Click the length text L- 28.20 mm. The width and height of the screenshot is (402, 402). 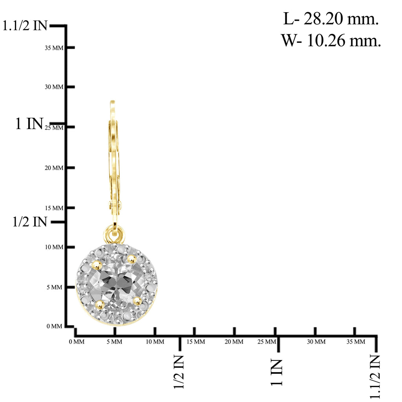coord(331,19)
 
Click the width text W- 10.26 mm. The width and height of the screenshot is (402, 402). coord(331,40)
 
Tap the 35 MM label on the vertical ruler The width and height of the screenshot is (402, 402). coord(54,48)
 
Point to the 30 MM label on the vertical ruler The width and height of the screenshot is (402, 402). coord(54,87)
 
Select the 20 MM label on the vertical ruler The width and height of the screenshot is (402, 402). coord(54,168)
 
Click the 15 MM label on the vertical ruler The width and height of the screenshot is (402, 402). coord(54,208)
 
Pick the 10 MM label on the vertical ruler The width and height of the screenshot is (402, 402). coord(54,247)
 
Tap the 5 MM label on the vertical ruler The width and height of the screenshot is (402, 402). coord(54,287)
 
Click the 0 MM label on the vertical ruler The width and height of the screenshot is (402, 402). coord(54,326)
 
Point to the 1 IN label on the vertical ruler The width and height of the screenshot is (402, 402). coord(29,124)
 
